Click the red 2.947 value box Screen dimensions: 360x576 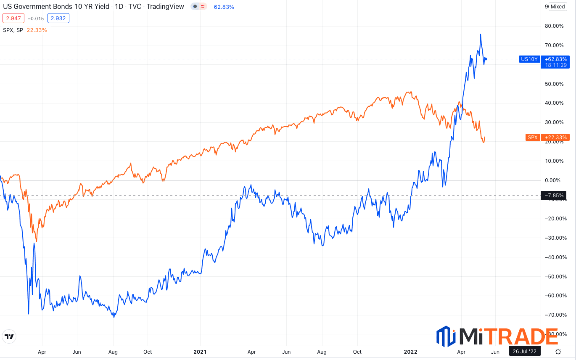click(x=13, y=18)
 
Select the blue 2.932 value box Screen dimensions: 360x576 click(x=58, y=18)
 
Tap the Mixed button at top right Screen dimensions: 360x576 click(x=558, y=6)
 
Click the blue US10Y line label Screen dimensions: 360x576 click(x=529, y=59)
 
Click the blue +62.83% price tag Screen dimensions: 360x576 click(x=555, y=59)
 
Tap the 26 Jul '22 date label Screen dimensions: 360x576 click(x=525, y=352)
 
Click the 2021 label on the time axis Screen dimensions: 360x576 click(x=200, y=352)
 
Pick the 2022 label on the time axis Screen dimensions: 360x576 click(x=411, y=352)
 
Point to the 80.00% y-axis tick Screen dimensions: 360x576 click(x=554, y=26)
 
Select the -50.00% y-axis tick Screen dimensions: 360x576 click(x=554, y=277)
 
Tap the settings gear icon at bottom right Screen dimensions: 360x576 click(x=558, y=352)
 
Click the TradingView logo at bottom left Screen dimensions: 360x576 click(x=8, y=336)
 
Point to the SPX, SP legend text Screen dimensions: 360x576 click(x=13, y=30)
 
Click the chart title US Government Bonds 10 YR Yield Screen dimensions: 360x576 click(x=56, y=7)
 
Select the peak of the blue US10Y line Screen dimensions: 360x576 click(x=481, y=34)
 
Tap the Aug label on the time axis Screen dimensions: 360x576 click(x=113, y=352)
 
